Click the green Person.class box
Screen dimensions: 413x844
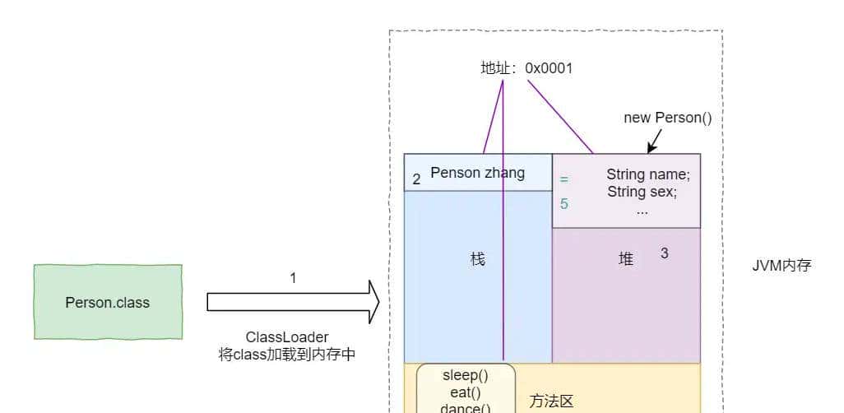tap(107, 302)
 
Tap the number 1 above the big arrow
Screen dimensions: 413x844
tap(293, 278)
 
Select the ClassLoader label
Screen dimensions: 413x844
tap(287, 337)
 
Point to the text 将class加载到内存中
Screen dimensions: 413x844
tap(287, 355)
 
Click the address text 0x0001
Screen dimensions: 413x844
tap(549, 68)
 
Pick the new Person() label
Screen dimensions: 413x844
tap(667, 117)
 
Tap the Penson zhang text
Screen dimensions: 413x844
tap(477, 173)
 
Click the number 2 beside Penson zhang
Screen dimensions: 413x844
tap(416, 179)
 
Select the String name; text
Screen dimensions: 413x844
tap(648, 174)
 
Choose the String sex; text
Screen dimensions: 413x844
tap(642, 192)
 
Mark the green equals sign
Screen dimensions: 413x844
tap(564, 178)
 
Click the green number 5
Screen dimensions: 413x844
tap(564, 203)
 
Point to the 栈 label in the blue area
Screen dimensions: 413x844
tap(478, 259)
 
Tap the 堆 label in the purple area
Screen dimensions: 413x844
tap(626, 259)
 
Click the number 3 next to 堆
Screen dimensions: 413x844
tap(665, 253)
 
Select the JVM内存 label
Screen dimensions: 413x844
tap(781, 265)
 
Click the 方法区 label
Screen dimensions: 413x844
tap(551, 401)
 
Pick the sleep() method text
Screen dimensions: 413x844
tap(466, 375)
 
